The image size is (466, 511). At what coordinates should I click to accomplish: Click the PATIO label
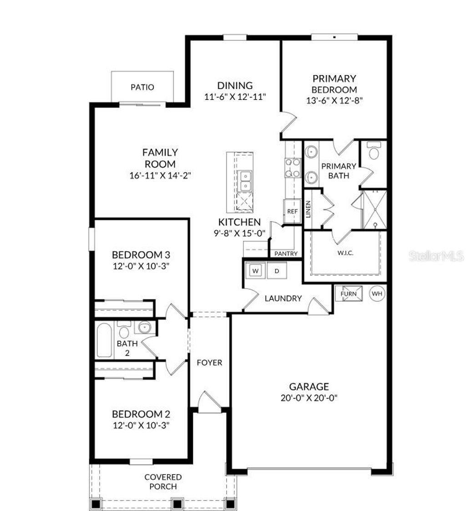coord(142,87)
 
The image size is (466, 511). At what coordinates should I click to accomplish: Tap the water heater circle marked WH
coord(377,294)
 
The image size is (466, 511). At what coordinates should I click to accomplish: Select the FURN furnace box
coord(349,294)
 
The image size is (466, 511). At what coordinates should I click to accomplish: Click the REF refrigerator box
coord(292,211)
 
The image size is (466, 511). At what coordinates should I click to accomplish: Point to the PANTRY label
coord(286,254)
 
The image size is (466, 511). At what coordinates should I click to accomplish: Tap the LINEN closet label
coord(309,209)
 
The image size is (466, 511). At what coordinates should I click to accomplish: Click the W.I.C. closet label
coord(346,252)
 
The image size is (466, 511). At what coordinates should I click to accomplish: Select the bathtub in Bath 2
coord(104,340)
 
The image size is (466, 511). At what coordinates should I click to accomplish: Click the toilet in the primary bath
coord(374,152)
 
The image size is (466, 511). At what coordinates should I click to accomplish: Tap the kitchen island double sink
coord(245,180)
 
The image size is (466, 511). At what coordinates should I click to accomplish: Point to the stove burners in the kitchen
coord(292,167)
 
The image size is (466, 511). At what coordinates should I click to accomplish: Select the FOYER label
coord(209,363)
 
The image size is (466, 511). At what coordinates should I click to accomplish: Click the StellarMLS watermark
coord(436,257)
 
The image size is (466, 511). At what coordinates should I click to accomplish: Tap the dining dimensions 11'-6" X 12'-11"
coord(235,96)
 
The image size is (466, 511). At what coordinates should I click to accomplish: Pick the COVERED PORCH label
coord(163,482)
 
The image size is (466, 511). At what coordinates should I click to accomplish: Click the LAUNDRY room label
coord(283,299)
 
